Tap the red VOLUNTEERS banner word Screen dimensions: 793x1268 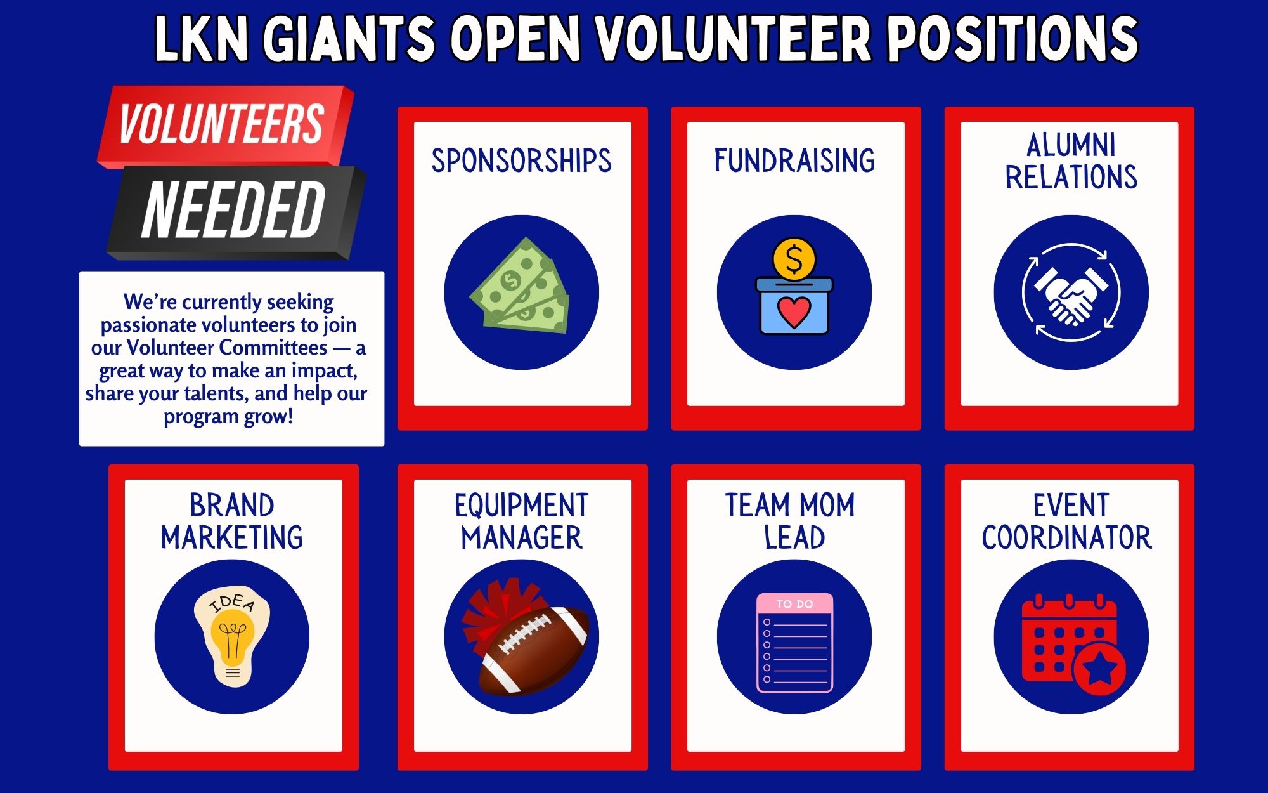[221, 124]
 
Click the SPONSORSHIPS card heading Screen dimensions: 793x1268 [522, 161]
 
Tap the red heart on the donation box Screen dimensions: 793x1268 [794, 311]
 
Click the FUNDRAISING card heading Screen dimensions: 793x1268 [794, 161]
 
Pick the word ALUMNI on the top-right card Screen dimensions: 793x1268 [1071, 145]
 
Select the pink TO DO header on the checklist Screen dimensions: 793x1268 [794, 604]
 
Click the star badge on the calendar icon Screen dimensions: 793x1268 [1099, 669]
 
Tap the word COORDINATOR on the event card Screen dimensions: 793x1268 [1066, 538]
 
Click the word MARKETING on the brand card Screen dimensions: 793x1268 [232, 538]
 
